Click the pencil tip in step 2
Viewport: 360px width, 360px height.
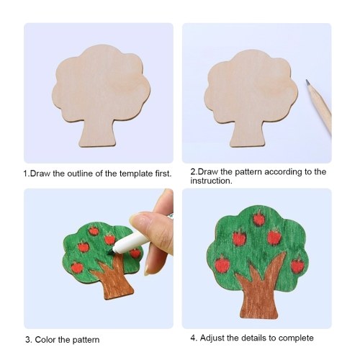[x=307, y=82]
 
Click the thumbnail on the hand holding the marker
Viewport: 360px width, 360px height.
[x=138, y=219]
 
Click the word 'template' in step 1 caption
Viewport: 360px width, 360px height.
[x=135, y=174]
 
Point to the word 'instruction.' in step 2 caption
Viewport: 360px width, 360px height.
[x=212, y=181]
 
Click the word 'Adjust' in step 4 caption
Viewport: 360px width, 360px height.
[x=212, y=338]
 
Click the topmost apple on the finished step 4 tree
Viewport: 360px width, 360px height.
[x=259, y=219]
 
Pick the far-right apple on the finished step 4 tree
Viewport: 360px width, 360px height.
[x=297, y=266]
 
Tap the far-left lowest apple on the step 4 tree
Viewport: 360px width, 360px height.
[x=222, y=264]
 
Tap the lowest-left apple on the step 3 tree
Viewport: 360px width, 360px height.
[x=77, y=267]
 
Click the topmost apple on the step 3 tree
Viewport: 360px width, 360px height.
[x=94, y=230]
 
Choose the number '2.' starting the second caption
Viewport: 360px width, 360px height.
[x=194, y=172]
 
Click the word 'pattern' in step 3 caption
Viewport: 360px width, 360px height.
[x=86, y=340]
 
